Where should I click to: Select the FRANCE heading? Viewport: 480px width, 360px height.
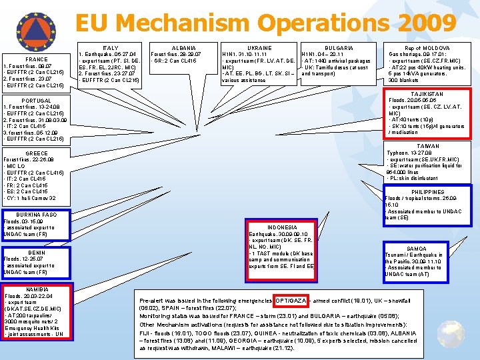36,59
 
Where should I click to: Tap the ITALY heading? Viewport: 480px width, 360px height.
111,48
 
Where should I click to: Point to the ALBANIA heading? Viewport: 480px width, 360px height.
183,48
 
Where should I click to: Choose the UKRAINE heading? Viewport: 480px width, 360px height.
259,48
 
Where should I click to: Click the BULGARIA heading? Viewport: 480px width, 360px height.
339,48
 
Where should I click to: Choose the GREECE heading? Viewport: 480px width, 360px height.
35,153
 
